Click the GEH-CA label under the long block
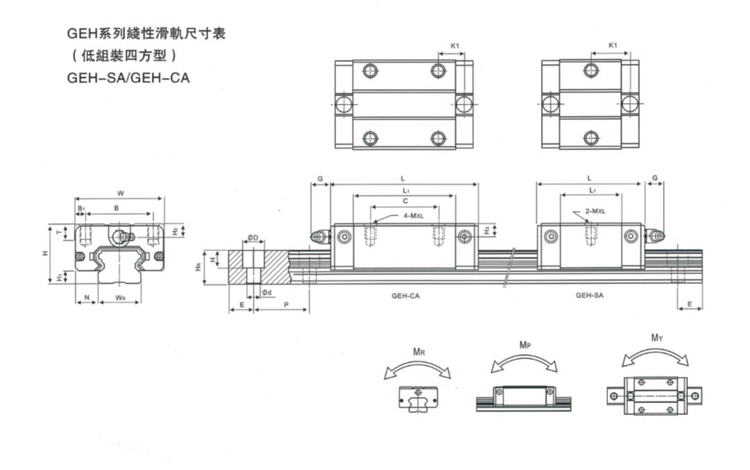click(405, 295)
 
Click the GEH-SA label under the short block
click(589, 295)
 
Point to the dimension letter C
click(405, 201)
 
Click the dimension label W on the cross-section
click(120, 193)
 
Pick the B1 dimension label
click(80, 208)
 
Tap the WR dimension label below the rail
click(120, 298)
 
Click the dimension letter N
click(86, 298)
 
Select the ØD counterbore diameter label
click(253, 238)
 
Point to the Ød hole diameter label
click(266, 292)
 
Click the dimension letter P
click(286, 305)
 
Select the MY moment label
click(656, 338)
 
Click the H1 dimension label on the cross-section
click(58, 277)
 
